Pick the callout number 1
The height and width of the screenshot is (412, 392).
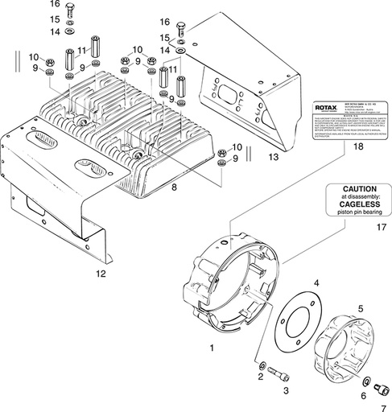click(x=212, y=348)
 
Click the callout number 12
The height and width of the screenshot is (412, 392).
click(x=101, y=274)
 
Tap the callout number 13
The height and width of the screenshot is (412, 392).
click(x=274, y=156)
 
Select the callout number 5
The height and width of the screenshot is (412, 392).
click(x=360, y=308)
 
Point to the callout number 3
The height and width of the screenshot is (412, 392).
click(x=285, y=390)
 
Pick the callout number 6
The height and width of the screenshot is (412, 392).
click(x=363, y=395)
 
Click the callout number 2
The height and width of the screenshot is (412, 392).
click(x=261, y=377)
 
